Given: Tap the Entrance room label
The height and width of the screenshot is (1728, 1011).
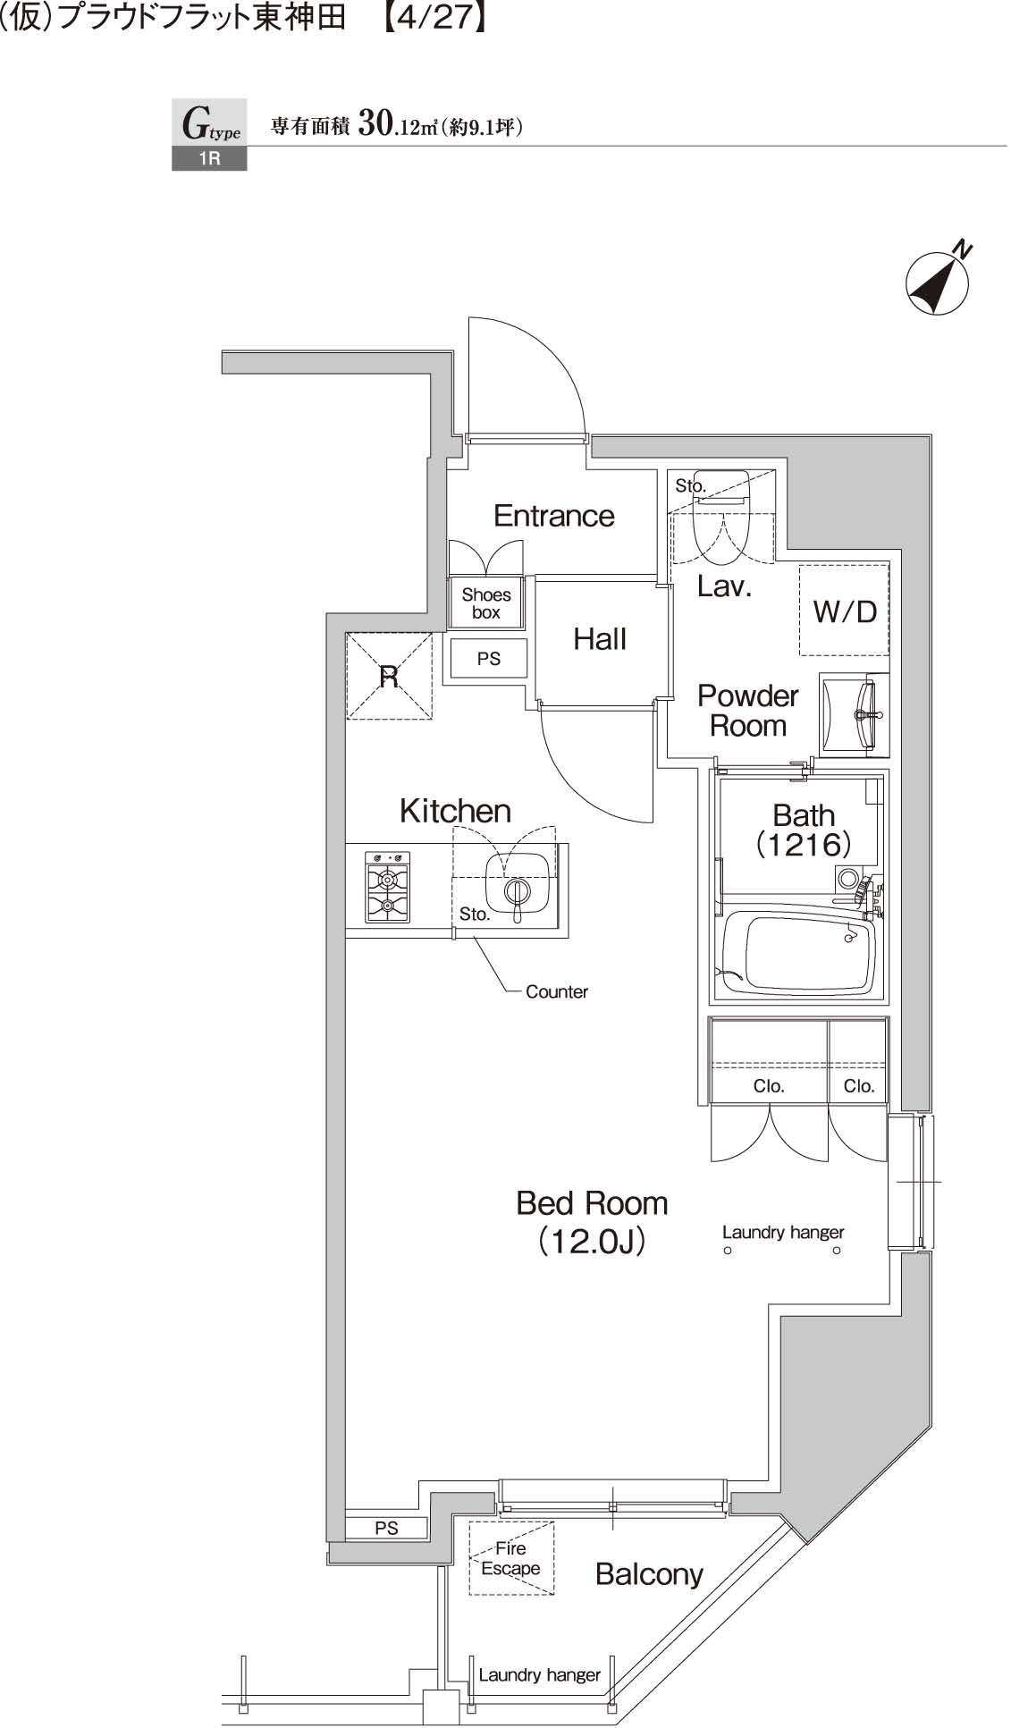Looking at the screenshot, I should click(553, 516).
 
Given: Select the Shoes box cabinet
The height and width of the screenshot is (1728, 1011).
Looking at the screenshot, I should click(486, 603).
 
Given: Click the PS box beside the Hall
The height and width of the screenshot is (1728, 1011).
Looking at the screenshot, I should click(488, 659).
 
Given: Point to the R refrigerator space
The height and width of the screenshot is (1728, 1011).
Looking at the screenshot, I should click(389, 677).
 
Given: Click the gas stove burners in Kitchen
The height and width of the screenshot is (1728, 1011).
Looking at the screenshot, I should click(387, 887).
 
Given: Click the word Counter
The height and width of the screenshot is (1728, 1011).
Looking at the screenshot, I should click(556, 991).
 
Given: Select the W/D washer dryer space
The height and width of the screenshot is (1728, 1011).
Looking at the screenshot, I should click(844, 611).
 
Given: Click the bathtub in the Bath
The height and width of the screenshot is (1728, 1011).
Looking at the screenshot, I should click(797, 954).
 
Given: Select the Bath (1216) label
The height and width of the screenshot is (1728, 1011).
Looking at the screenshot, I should click(803, 830).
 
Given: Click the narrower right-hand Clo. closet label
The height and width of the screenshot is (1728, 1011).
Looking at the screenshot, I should click(858, 1086).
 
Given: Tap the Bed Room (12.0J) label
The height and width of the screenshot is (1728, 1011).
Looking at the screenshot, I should click(592, 1221).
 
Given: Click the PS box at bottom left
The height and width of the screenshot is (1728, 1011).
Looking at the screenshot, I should click(386, 1528).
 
